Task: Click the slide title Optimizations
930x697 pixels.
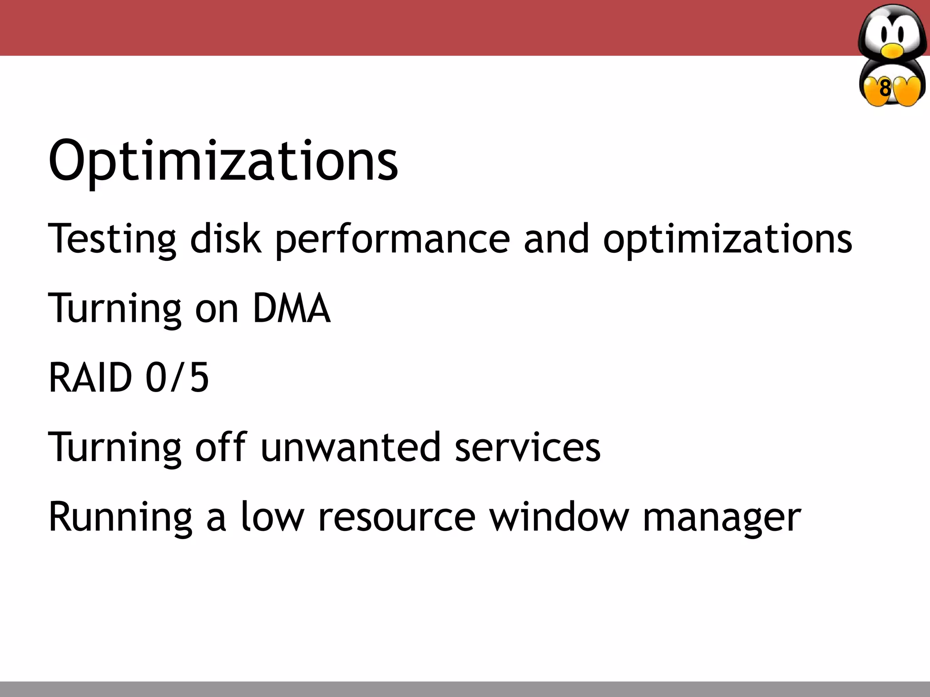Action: tap(223, 161)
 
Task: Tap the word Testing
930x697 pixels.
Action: tap(112, 239)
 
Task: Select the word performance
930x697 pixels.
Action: tap(393, 239)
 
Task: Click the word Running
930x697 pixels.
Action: tap(120, 517)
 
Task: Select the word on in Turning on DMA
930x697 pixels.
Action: tap(217, 309)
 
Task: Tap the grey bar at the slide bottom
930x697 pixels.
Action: tap(465, 689)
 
